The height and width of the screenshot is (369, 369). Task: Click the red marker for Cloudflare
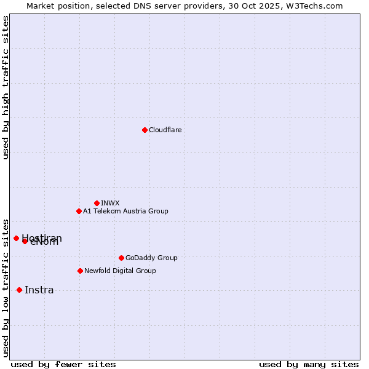pos(145,130)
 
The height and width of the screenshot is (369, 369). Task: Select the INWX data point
pos(97,203)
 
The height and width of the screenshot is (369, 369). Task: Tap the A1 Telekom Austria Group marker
pos(79,211)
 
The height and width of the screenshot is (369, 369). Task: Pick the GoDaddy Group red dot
pos(121,258)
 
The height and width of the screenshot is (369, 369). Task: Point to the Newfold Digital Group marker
pos(80,271)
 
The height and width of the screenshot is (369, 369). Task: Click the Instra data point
pos(19,290)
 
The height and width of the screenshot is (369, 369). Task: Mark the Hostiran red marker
pos(16,238)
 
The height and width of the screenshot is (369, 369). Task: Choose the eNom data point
pos(25,241)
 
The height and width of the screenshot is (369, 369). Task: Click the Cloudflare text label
pos(165,130)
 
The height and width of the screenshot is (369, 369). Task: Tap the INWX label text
pos(110,203)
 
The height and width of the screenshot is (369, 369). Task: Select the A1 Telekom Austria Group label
pos(125,211)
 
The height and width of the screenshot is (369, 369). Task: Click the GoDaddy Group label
pos(151,258)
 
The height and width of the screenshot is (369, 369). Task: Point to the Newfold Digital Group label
pos(120,271)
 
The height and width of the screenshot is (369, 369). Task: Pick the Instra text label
pos(39,290)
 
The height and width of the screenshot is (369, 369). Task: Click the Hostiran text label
pos(42,237)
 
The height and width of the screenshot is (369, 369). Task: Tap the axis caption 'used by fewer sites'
pos(63,364)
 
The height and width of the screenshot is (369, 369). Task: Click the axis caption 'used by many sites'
pos(309,364)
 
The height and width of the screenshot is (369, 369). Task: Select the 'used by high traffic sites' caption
pos(6,87)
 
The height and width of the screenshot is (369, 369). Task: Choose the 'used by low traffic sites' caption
pos(6,288)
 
